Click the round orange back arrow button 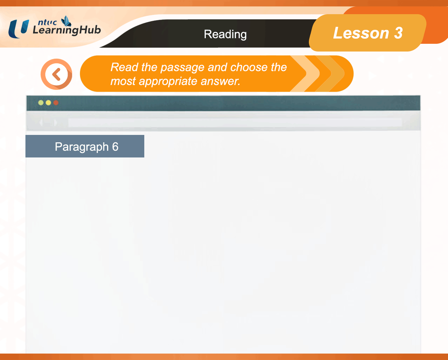(56, 74)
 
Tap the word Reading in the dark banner (225, 34)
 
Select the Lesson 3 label (368, 33)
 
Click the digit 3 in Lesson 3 (398, 33)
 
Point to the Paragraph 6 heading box (85, 146)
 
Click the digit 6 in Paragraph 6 (115, 147)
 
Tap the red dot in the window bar (56, 103)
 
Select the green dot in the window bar (41, 103)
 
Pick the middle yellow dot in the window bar (48, 103)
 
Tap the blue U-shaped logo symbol (18, 29)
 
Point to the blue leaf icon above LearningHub (66, 21)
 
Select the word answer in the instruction (221, 81)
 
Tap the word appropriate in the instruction (168, 81)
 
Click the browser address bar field (235, 123)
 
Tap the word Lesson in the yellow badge (361, 33)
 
